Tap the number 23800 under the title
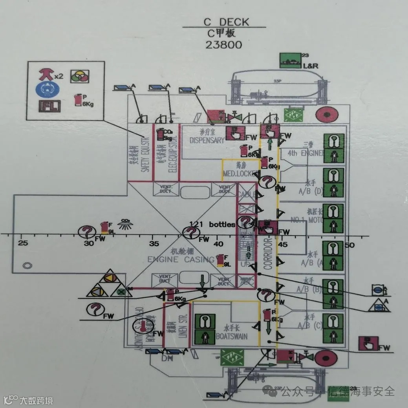click(x=224, y=44)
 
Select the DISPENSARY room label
click(x=207, y=140)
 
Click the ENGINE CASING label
click(x=181, y=259)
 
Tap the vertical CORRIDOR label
click(x=268, y=253)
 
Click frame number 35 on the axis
click(x=154, y=243)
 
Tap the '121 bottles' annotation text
click(x=212, y=224)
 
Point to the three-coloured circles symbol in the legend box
click(x=80, y=76)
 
